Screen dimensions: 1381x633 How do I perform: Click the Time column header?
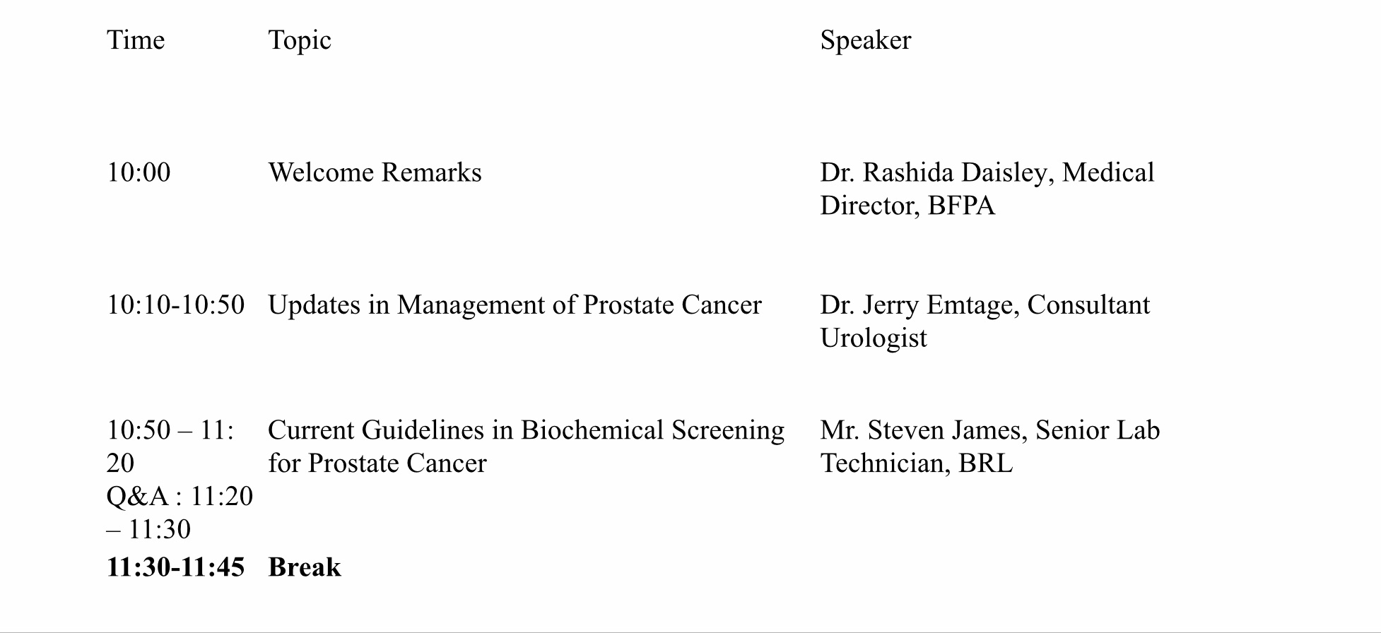(x=136, y=40)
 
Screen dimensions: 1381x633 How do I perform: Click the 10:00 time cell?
(x=139, y=173)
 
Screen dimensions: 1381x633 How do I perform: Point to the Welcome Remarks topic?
(x=375, y=173)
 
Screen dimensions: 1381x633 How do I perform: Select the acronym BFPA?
(x=961, y=206)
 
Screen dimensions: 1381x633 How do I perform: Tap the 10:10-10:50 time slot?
(x=176, y=305)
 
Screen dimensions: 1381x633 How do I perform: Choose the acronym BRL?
(x=986, y=463)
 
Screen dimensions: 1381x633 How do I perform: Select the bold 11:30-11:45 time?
(x=176, y=567)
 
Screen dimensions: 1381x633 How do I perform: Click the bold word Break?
(x=305, y=567)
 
